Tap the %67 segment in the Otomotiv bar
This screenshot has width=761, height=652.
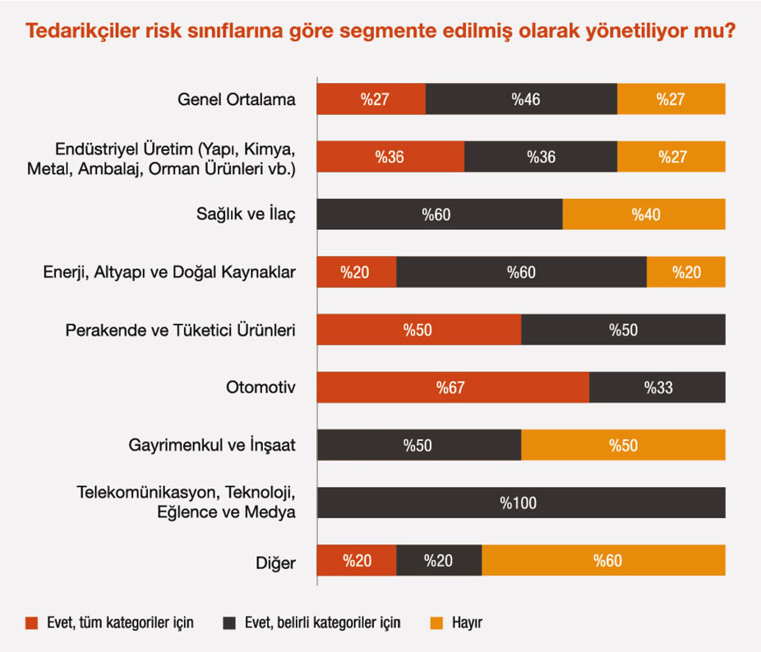click(x=453, y=388)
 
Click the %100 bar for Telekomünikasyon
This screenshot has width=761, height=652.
click(x=521, y=503)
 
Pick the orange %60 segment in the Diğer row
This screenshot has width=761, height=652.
click(x=603, y=561)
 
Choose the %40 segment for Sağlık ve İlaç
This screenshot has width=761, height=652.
click(x=644, y=214)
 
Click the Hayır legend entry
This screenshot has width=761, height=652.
click(x=466, y=622)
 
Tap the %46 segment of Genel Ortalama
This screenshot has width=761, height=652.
click(x=521, y=99)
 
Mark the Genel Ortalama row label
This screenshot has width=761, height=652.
click(x=236, y=99)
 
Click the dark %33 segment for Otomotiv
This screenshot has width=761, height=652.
click(x=657, y=388)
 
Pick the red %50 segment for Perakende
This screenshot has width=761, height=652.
click(x=419, y=330)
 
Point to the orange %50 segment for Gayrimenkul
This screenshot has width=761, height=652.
click(x=623, y=445)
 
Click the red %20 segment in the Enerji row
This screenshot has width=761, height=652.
click(x=357, y=272)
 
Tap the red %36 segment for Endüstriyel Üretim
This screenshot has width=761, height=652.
click(x=390, y=157)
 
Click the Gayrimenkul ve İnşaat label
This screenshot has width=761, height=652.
click(x=212, y=446)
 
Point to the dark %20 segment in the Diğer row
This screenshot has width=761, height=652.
click(x=439, y=561)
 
